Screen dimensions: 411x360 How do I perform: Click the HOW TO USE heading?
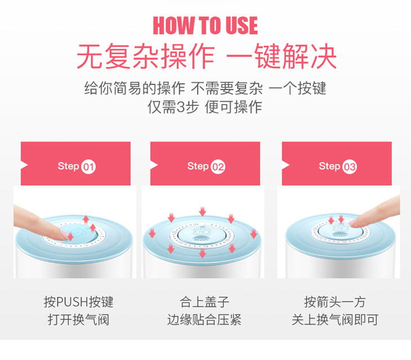(x=205, y=25)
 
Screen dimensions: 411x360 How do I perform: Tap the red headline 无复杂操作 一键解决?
(x=207, y=56)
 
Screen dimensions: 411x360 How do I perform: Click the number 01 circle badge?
(x=88, y=167)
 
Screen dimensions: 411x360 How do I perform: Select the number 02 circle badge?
(x=218, y=167)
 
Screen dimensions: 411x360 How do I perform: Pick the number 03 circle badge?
(x=350, y=167)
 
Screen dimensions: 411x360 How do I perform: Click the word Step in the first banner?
(x=68, y=166)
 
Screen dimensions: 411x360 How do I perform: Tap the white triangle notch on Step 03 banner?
(x=285, y=165)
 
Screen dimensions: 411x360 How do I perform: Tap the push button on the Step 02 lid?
(x=202, y=234)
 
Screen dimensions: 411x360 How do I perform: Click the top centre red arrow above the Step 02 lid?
(x=202, y=211)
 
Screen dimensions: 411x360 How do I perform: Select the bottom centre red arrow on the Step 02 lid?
(x=202, y=253)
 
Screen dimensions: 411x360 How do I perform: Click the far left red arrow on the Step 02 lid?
(x=152, y=233)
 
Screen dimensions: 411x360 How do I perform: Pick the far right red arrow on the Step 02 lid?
(x=253, y=233)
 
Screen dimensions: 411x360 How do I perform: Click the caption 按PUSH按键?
(x=78, y=302)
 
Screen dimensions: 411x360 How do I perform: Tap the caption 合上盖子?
(x=204, y=302)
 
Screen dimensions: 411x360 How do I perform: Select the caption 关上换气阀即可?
(x=335, y=319)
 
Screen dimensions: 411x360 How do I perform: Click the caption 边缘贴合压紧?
(x=204, y=319)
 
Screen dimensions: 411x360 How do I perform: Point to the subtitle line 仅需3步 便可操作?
(x=205, y=107)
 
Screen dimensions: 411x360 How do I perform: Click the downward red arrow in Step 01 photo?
(x=70, y=236)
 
